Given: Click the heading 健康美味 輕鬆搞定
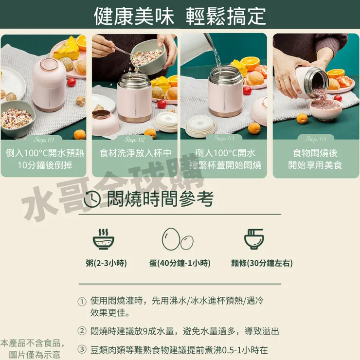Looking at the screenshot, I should click(180, 16).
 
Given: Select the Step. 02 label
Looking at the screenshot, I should click(135, 140).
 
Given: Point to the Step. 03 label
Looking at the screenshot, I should click(224, 139).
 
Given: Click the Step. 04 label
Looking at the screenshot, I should click(316, 139).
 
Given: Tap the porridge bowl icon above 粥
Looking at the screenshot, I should click(103, 238).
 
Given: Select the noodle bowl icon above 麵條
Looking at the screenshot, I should click(253, 238).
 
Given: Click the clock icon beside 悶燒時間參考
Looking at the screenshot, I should click(93, 199).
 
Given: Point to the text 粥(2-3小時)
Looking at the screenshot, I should click(106, 263).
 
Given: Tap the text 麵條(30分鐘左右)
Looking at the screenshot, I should click(262, 263).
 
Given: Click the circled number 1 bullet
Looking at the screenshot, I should click(82, 302).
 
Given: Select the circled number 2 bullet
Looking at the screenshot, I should click(82, 331).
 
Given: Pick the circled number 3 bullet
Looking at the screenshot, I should click(82, 350).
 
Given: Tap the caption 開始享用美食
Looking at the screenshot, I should click(315, 165).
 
